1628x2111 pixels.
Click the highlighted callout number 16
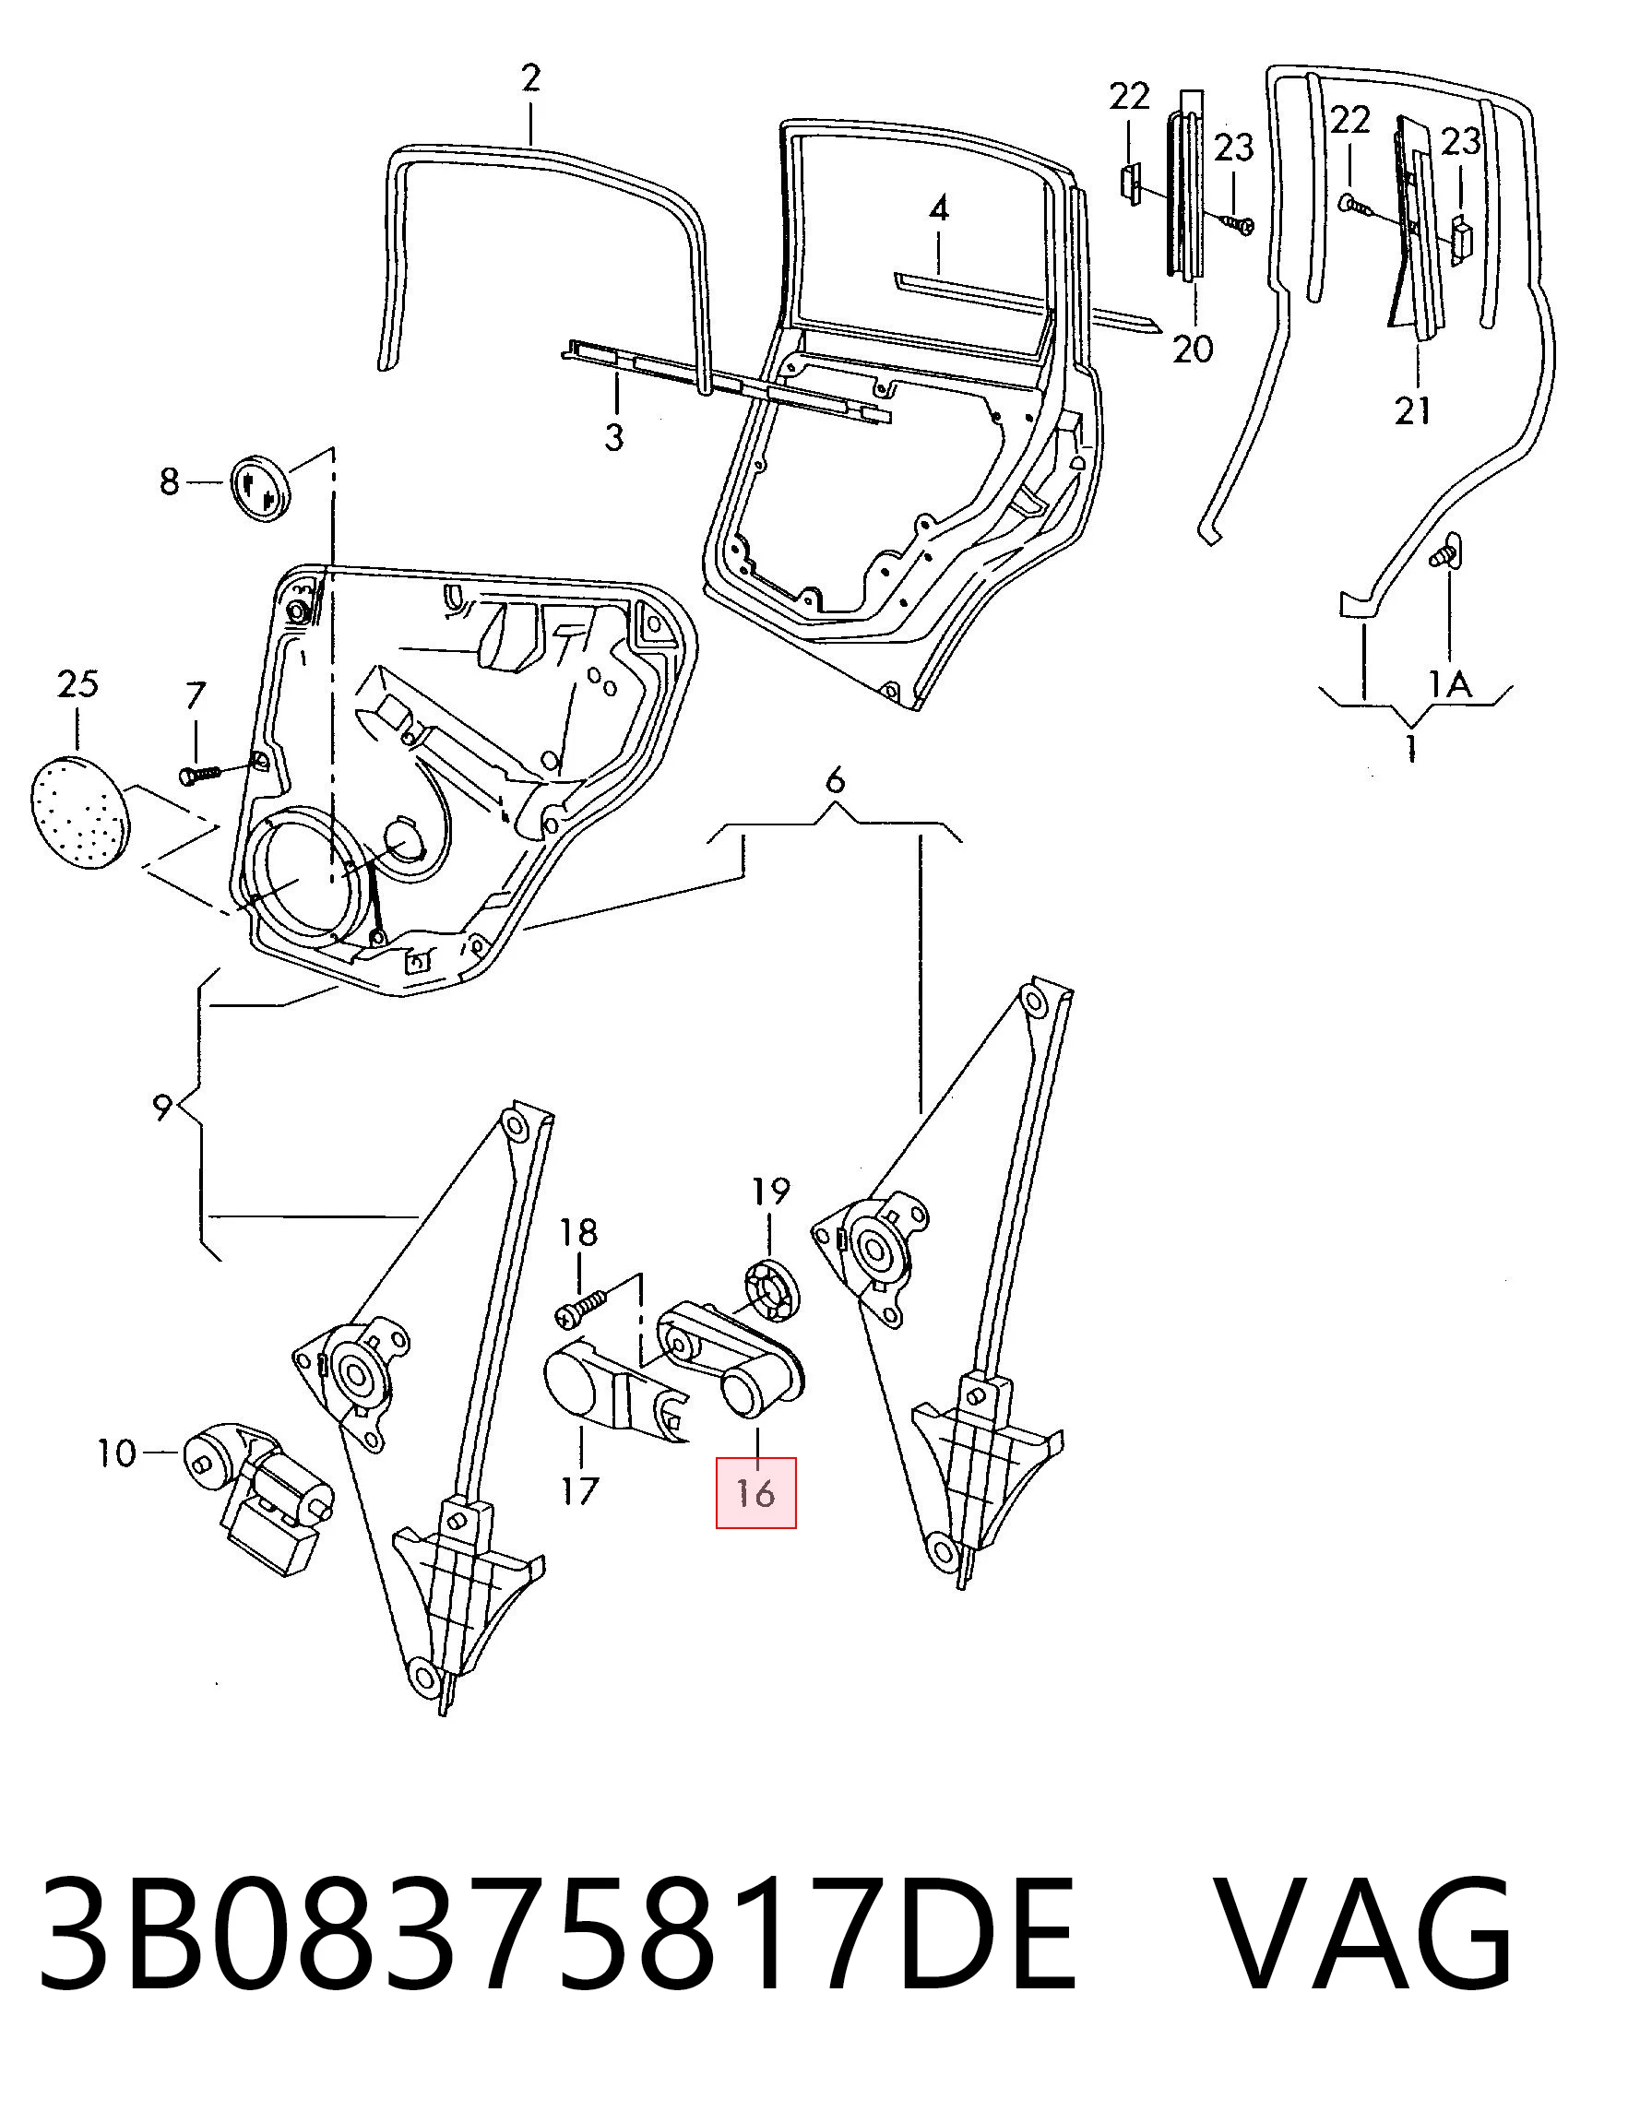pos(755,1493)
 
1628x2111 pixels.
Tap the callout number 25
pos(77,684)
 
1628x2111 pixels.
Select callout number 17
pos(580,1491)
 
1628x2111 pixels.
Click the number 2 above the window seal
pos(530,77)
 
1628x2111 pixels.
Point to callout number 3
pos(614,437)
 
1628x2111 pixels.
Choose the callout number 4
pos(939,208)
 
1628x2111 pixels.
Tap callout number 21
pos(1412,410)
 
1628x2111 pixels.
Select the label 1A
pos(1450,684)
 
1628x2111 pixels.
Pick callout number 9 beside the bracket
pos(162,1107)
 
